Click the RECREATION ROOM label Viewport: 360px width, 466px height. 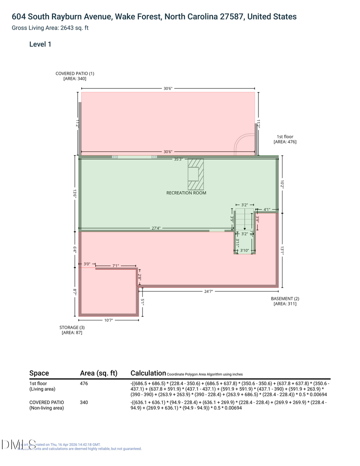186,193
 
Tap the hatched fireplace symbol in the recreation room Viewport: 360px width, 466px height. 196,174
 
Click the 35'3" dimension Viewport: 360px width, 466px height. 179,159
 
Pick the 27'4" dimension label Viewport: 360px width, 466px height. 156,228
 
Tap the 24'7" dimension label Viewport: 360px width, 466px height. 208,292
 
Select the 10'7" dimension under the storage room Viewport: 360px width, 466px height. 108,320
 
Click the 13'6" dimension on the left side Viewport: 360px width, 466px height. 74,193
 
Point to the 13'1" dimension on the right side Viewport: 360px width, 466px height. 282,250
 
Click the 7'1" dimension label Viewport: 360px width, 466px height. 116,266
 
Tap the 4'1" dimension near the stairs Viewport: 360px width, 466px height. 267,209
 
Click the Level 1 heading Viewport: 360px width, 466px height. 40,44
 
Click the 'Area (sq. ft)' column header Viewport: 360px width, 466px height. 98,373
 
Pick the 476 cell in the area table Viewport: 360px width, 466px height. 84,384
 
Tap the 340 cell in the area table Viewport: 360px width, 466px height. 84,402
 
